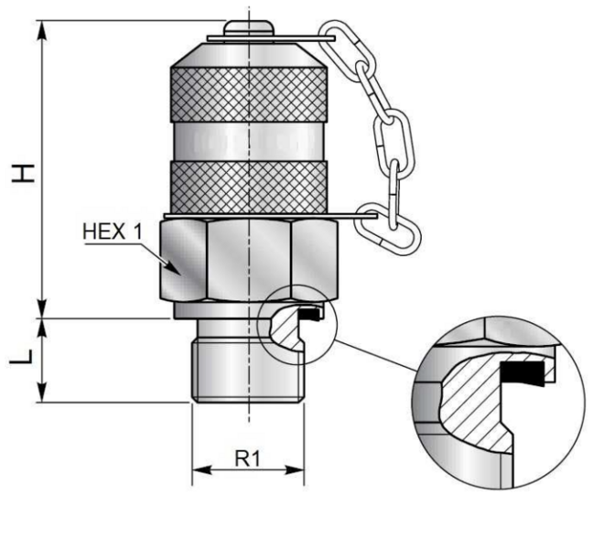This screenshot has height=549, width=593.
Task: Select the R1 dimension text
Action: point(248,457)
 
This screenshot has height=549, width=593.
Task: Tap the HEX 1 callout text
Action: point(113,231)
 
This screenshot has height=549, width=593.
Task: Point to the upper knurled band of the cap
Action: point(248,91)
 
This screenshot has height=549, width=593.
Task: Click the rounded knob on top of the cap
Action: point(248,23)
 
